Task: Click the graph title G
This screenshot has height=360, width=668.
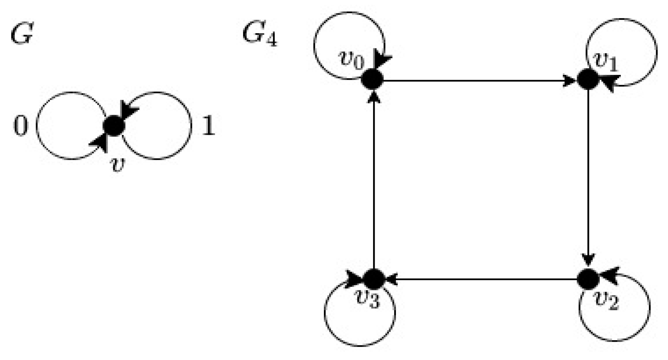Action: pyautogui.click(x=22, y=35)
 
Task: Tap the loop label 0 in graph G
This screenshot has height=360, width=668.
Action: pyautogui.click(x=21, y=126)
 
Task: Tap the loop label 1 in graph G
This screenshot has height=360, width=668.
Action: pyautogui.click(x=208, y=126)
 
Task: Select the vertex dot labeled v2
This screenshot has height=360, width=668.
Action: pyautogui.click(x=588, y=278)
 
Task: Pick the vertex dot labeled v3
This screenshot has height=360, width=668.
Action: pyautogui.click(x=373, y=278)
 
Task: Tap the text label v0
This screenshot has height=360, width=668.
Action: pyautogui.click(x=351, y=60)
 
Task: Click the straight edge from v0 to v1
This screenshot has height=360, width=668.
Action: pyautogui.click(x=481, y=80)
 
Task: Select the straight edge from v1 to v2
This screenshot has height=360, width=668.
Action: pyautogui.click(x=588, y=179)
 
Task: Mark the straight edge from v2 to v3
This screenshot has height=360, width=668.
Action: pyautogui.click(x=481, y=279)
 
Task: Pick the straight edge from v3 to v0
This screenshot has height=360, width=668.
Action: pyautogui.click(x=374, y=179)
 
